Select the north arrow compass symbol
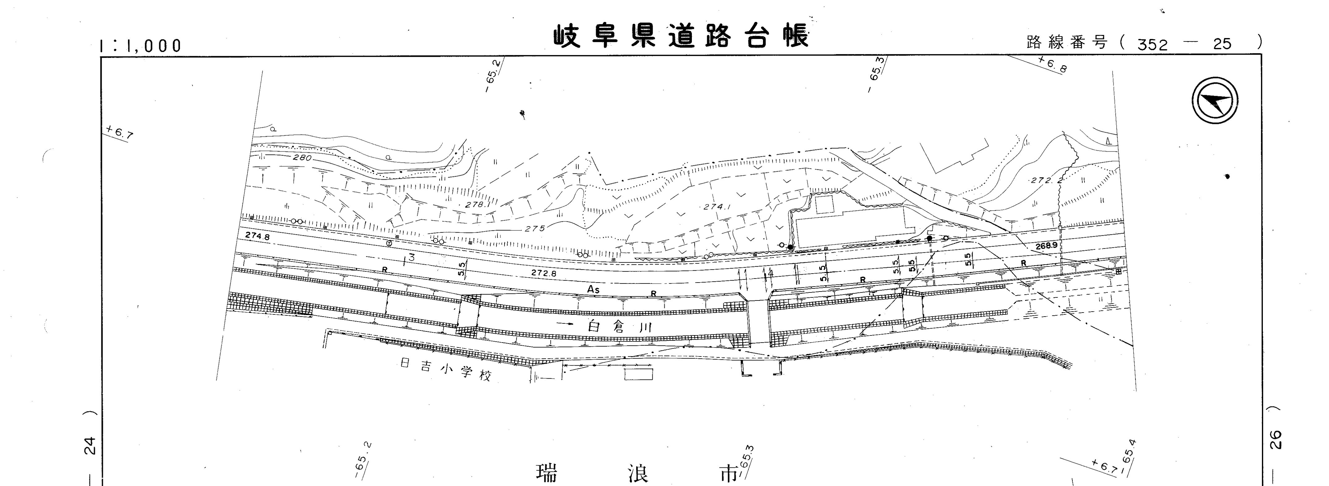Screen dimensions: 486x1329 coord(1215,100)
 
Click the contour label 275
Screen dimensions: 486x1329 coord(535,228)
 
